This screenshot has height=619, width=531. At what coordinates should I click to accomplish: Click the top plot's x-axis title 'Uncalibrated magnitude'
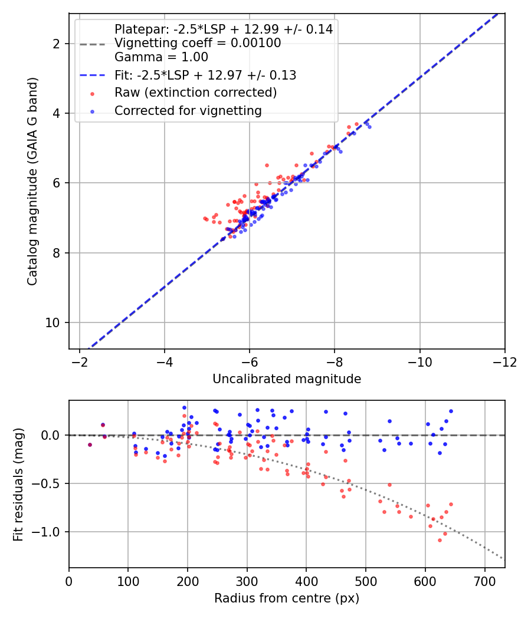coord(287,379)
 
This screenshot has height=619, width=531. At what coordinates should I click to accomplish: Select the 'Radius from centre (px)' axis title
coord(287,598)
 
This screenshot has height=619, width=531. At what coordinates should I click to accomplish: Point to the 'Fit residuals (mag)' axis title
coord(18,484)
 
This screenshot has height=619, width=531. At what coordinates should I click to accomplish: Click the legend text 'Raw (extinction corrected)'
coord(195,93)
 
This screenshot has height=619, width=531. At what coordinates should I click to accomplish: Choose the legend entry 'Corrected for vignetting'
coord(188,110)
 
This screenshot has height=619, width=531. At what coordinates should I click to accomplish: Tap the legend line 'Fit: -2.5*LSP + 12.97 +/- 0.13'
coord(205,75)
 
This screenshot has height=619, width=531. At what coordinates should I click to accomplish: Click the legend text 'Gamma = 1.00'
coord(161,57)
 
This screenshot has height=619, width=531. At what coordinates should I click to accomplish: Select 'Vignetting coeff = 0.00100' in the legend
coord(198,43)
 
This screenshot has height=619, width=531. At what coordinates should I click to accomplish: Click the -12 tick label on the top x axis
coord(504,361)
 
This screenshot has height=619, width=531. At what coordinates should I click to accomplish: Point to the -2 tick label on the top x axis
coord(80,361)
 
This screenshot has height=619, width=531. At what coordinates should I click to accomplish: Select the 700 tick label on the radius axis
coord(484,581)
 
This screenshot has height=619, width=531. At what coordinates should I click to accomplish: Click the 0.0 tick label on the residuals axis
coord(52,435)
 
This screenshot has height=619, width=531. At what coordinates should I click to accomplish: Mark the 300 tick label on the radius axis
coord(247,581)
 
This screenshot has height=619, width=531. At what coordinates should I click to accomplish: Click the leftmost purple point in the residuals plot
coord(90,445)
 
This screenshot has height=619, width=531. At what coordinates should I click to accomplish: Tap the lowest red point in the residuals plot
coord(440,540)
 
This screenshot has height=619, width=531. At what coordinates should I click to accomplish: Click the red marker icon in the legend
coord(92,93)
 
